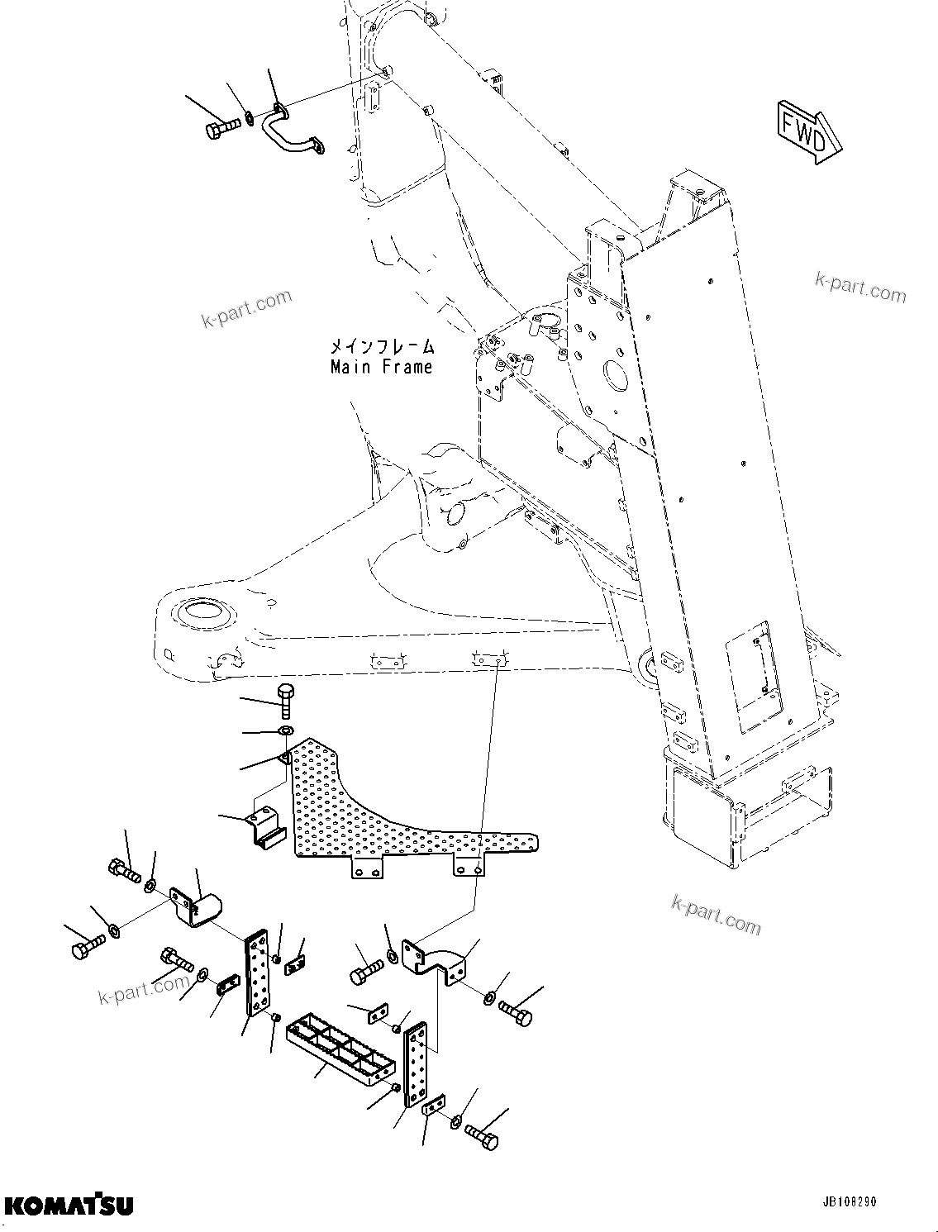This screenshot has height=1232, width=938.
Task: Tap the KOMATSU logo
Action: click(x=68, y=1206)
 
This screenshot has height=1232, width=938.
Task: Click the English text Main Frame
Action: click(x=381, y=367)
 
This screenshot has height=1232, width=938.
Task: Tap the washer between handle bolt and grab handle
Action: click(x=250, y=122)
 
